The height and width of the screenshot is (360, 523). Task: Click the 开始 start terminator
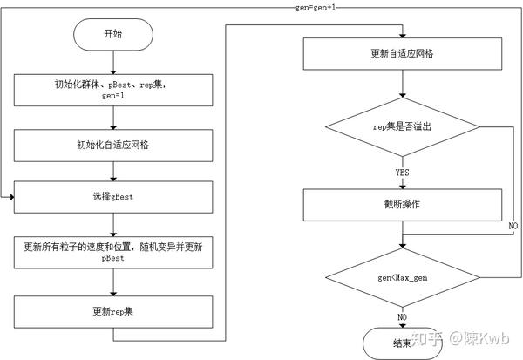[x=113, y=36]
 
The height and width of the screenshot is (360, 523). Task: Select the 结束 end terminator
[x=402, y=342]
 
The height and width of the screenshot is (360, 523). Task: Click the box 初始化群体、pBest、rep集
[x=113, y=88]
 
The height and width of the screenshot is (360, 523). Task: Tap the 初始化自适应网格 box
[x=113, y=145]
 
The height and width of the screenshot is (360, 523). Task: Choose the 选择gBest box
[x=113, y=197]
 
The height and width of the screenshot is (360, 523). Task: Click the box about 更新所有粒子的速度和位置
[x=113, y=253]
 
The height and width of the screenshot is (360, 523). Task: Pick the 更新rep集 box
[x=113, y=311]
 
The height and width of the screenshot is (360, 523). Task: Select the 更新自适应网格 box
[x=402, y=54]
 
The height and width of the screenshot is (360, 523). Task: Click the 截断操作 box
[x=402, y=206]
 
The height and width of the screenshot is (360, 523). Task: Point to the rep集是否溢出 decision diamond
[x=402, y=126]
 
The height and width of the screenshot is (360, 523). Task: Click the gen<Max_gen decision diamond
[x=402, y=277]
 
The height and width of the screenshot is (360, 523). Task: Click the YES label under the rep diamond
[x=402, y=173]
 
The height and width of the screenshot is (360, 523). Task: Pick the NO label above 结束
[x=402, y=316]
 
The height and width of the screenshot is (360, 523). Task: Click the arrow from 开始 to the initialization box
[x=113, y=63]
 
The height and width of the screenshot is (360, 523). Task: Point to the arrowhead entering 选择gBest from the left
[x=10, y=197]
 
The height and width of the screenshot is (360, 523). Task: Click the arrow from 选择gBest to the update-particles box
[x=113, y=223]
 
